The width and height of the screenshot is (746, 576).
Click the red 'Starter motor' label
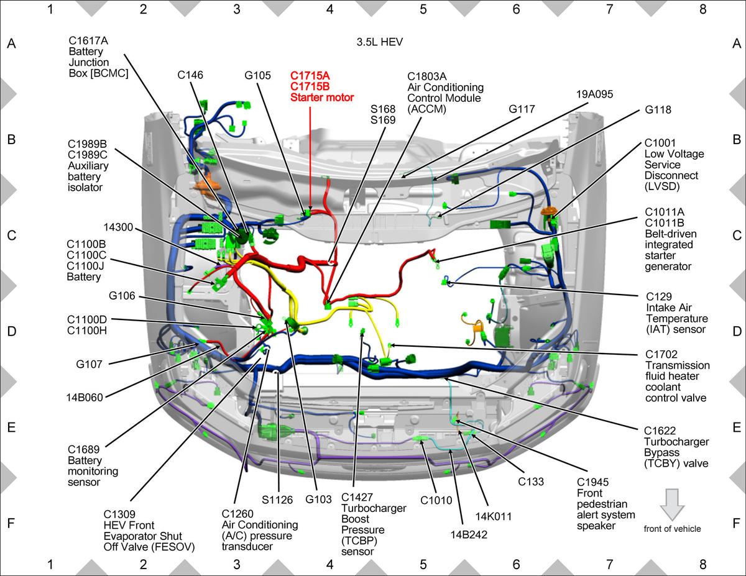(322, 98)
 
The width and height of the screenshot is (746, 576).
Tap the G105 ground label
(257, 75)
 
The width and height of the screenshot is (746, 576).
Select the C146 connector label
(190, 75)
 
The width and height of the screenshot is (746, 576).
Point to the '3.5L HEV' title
(380, 42)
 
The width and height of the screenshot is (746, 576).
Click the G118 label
(658, 110)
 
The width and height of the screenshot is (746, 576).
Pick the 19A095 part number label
(594, 94)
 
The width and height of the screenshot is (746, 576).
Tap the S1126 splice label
(277, 500)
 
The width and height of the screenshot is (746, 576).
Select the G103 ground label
(318, 499)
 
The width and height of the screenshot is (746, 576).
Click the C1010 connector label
(436, 501)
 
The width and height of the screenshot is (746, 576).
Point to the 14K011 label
(494, 516)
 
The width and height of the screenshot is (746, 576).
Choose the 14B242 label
(469, 534)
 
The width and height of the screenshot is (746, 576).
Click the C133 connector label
(531, 482)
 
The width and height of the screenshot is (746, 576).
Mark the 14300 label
(118, 227)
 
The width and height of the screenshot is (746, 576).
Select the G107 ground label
(90, 364)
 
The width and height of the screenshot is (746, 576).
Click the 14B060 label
(85, 397)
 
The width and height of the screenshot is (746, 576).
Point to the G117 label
(522, 109)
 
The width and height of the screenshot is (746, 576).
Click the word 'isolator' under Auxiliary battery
(85, 187)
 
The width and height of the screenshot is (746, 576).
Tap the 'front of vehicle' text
(672, 529)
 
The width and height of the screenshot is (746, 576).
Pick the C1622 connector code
(660, 431)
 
